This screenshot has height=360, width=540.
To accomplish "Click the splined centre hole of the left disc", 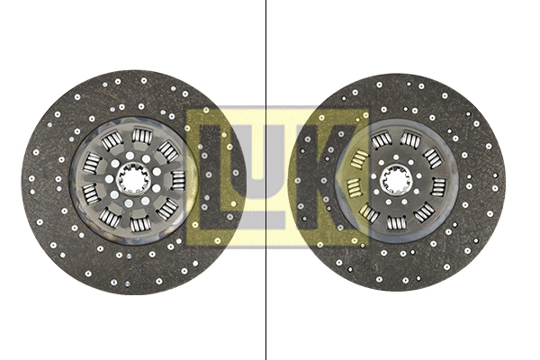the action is (x=133, y=179).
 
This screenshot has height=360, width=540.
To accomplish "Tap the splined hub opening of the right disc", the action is (x=396, y=179).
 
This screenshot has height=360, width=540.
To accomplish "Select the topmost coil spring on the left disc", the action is (x=142, y=135).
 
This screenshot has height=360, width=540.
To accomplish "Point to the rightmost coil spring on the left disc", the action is (x=178, y=180).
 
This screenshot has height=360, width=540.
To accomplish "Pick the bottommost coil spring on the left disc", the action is (x=140, y=224).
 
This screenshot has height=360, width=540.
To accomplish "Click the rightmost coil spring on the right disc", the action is (x=438, y=187).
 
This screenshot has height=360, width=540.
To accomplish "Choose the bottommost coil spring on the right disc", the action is (x=397, y=222).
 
